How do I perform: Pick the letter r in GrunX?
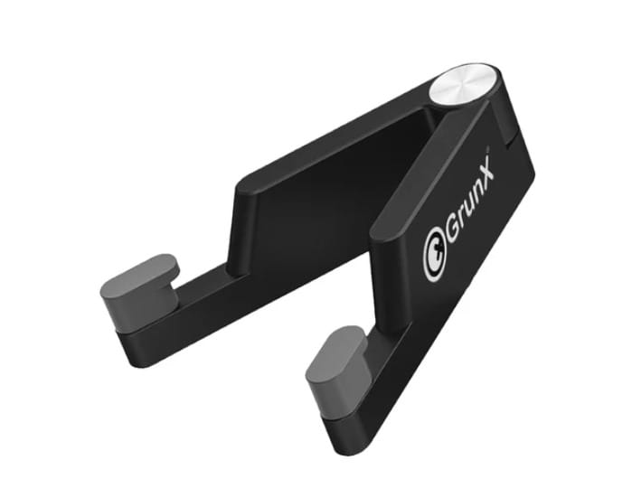[461, 221]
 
